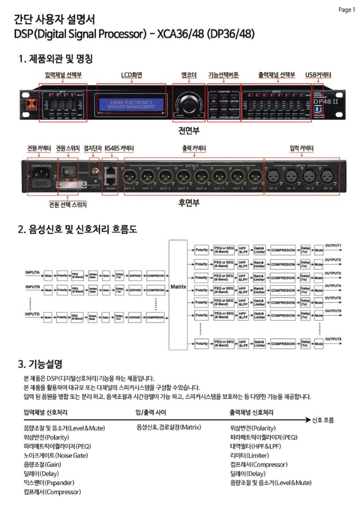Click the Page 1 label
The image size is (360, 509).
click(x=346, y=10)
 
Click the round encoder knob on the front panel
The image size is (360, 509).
click(x=189, y=102)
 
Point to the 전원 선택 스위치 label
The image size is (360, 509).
click(x=65, y=204)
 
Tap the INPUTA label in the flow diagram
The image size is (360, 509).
click(x=33, y=273)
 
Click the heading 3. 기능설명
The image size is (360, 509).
click(x=40, y=364)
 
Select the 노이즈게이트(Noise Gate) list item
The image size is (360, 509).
click(x=56, y=455)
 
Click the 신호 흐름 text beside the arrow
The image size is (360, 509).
click(x=323, y=420)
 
